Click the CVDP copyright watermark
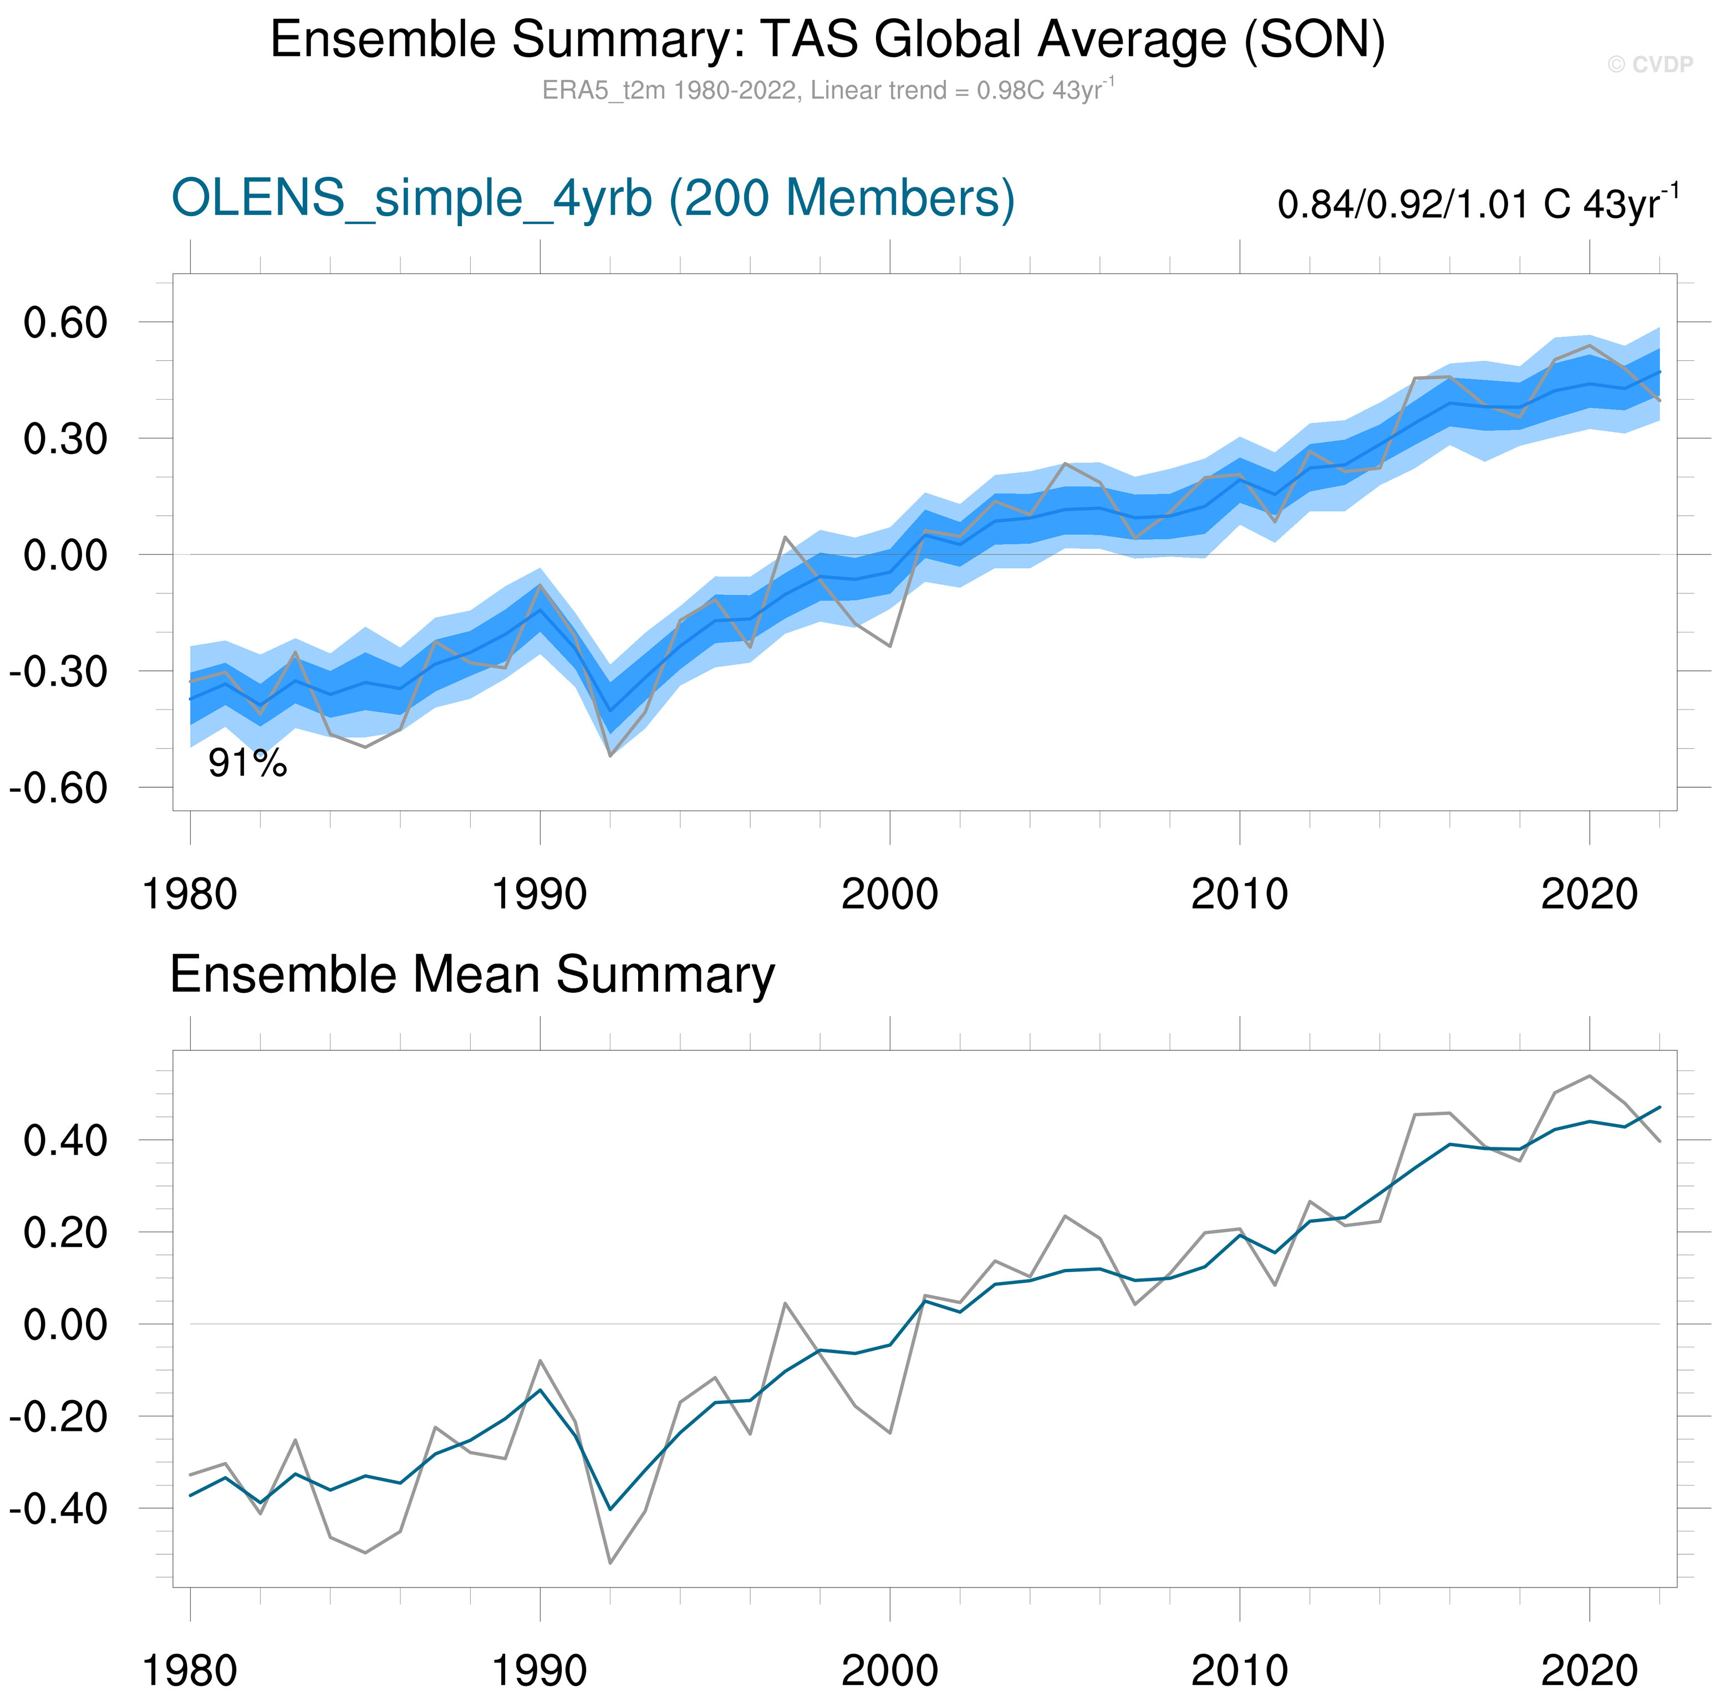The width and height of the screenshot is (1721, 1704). click(x=1649, y=64)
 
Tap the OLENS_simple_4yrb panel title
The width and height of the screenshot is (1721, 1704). click(x=592, y=198)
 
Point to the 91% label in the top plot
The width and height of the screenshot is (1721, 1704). click(x=248, y=763)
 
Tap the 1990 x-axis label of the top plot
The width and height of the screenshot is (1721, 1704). click(x=540, y=894)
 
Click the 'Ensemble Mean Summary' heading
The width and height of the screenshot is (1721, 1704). click(x=472, y=975)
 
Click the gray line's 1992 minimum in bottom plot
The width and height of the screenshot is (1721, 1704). click(x=610, y=1563)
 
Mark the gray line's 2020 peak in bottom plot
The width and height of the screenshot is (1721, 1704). click(x=1589, y=1076)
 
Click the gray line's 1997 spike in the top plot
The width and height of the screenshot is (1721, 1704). click(x=785, y=537)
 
